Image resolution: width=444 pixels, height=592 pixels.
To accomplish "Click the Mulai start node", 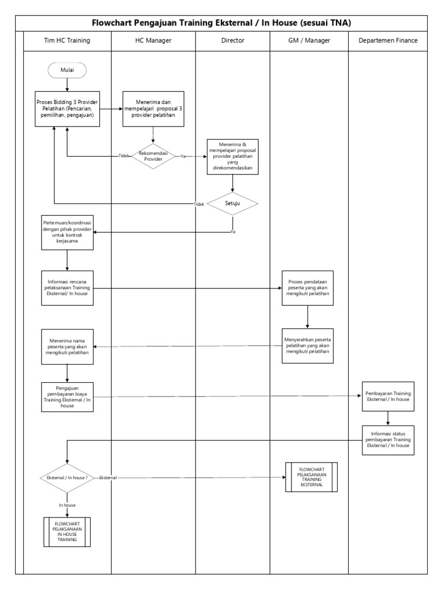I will [67, 71].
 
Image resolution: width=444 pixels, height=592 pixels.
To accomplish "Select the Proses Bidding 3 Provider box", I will [67, 108].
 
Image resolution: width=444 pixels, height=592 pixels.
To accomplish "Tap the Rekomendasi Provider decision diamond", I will [153, 156].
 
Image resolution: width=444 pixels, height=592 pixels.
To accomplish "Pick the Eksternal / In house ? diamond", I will [67, 478].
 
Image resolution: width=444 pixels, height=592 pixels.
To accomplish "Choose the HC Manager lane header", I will [153, 40].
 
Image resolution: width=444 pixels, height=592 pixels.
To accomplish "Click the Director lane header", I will [232, 40].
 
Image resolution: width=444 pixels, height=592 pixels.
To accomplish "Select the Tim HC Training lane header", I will [67, 40].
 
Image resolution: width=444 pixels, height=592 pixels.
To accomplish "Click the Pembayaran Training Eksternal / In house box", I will [387, 396].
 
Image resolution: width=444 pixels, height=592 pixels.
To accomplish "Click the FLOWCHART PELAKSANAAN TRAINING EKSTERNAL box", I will [311, 477].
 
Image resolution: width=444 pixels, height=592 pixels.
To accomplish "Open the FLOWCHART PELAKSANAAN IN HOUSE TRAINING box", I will [67, 531].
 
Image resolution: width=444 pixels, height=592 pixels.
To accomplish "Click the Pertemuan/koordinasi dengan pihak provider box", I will [67, 233].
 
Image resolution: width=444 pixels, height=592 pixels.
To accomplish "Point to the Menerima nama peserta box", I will [67, 346].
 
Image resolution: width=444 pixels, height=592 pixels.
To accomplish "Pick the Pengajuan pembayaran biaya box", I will [67, 397].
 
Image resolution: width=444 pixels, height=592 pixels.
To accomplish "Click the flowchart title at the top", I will [222, 23].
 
